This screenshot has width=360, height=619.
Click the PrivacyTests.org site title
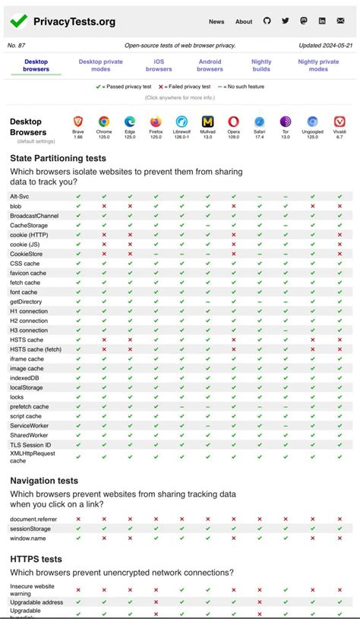click(x=74, y=22)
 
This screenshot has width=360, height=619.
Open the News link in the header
click(x=216, y=22)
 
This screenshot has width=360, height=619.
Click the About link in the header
click(x=244, y=22)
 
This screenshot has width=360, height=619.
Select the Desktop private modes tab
click(x=101, y=65)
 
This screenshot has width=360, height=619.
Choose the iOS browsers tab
click(x=159, y=65)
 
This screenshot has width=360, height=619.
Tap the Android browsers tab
click(x=210, y=65)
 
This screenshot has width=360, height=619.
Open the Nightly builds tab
click(x=261, y=65)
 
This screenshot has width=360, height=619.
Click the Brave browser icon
click(x=78, y=122)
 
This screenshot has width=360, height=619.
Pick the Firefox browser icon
click(x=156, y=122)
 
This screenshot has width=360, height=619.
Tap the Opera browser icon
click(x=233, y=122)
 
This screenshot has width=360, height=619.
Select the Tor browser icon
click(x=286, y=122)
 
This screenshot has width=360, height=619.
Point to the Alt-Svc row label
click(x=20, y=197)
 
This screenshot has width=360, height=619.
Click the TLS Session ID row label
click(x=30, y=445)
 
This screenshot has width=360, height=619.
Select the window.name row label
click(x=29, y=538)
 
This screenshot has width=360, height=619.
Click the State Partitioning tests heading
click(x=58, y=158)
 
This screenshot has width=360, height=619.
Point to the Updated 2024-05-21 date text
click(x=325, y=46)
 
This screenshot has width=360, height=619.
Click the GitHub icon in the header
click(x=267, y=21)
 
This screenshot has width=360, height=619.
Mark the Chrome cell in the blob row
click(x=104, y=207)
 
